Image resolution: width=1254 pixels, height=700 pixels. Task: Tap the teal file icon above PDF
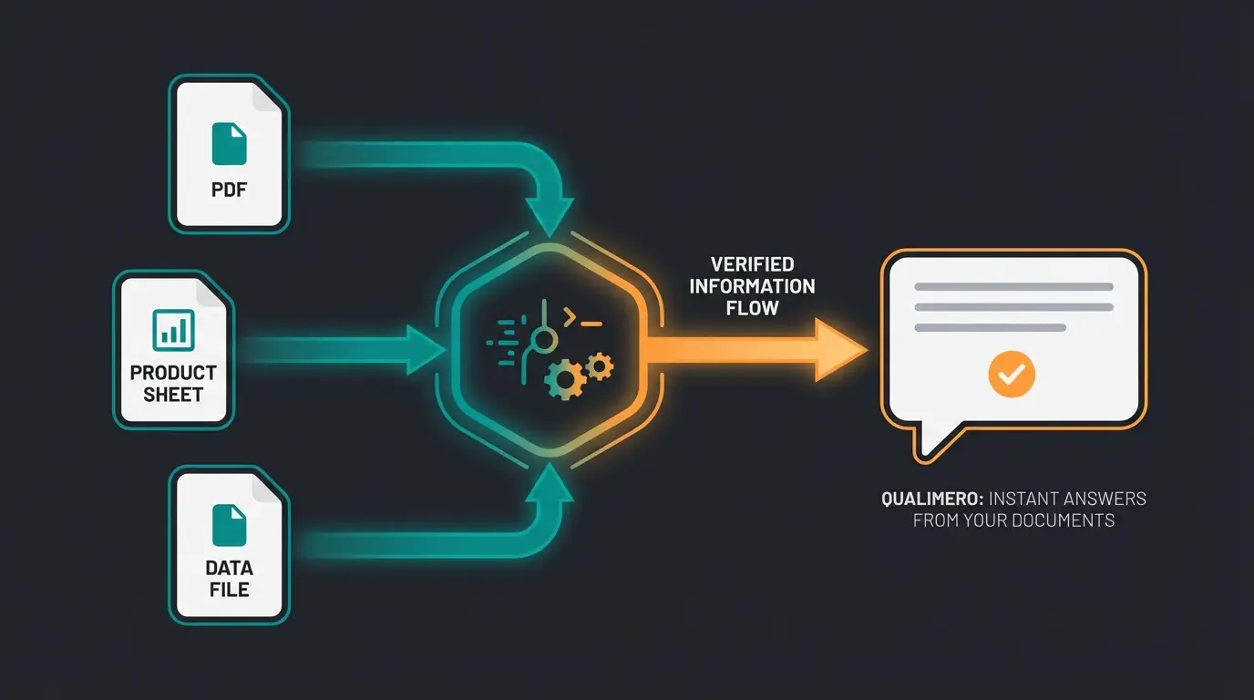tap(229, 145)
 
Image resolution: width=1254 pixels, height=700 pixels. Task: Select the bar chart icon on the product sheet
tap(172, 328)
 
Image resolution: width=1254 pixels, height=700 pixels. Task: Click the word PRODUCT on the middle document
tap(173, 373)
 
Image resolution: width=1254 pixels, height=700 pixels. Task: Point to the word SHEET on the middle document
tap(173, 395)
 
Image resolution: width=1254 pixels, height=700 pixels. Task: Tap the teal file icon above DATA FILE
tap(229, 526)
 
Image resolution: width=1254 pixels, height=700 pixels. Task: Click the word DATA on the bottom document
tap(229, 568)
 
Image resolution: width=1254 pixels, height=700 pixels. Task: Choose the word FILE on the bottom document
tap(229, 590)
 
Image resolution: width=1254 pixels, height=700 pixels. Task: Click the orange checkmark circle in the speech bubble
tap(1012, 372)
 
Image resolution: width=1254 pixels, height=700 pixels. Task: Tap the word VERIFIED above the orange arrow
tap(752, 264)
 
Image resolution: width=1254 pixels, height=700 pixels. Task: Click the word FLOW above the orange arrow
tap(752, 308)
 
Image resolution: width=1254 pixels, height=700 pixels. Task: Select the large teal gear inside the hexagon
tap(563, 376)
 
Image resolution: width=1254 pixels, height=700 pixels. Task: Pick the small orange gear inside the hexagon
tap(599, 366)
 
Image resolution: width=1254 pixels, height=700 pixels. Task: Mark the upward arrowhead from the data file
tap(551, 483)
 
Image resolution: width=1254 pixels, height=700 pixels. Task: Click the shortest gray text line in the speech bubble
tap(990, 327)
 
